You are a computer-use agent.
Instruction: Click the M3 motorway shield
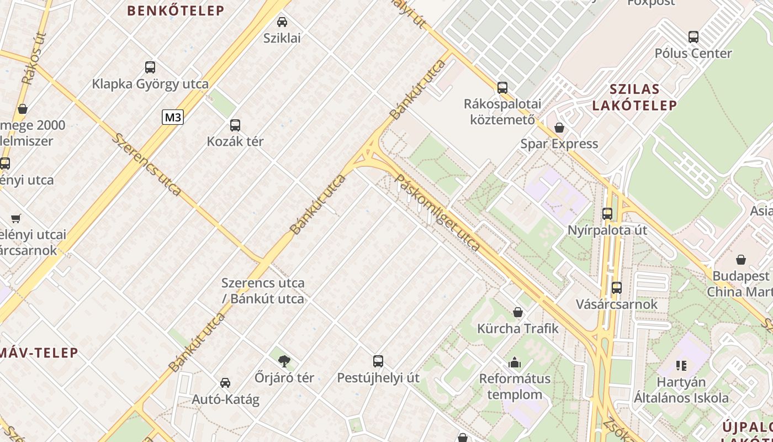172,117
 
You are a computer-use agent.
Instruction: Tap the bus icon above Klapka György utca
150,67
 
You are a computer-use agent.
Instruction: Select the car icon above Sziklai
282,22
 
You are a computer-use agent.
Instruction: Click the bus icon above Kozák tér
235,125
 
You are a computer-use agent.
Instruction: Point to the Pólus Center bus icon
693,37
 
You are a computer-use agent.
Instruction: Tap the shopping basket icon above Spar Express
559,128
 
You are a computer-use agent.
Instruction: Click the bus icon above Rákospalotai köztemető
502,87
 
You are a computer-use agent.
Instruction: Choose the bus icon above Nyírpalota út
607,213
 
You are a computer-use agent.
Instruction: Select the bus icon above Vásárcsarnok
617,288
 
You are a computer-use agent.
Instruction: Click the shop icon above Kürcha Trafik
518,312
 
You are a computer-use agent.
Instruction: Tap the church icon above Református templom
515,362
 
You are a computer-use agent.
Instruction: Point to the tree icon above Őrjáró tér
284,361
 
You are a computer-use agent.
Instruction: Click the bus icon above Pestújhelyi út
378,361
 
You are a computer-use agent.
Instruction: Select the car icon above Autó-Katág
225,383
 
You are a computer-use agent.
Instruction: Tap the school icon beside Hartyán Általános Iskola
681,366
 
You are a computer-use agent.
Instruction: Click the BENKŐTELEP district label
176,10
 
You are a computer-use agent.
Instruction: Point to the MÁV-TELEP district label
39,352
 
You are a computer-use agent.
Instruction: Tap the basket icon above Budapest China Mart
741,260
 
